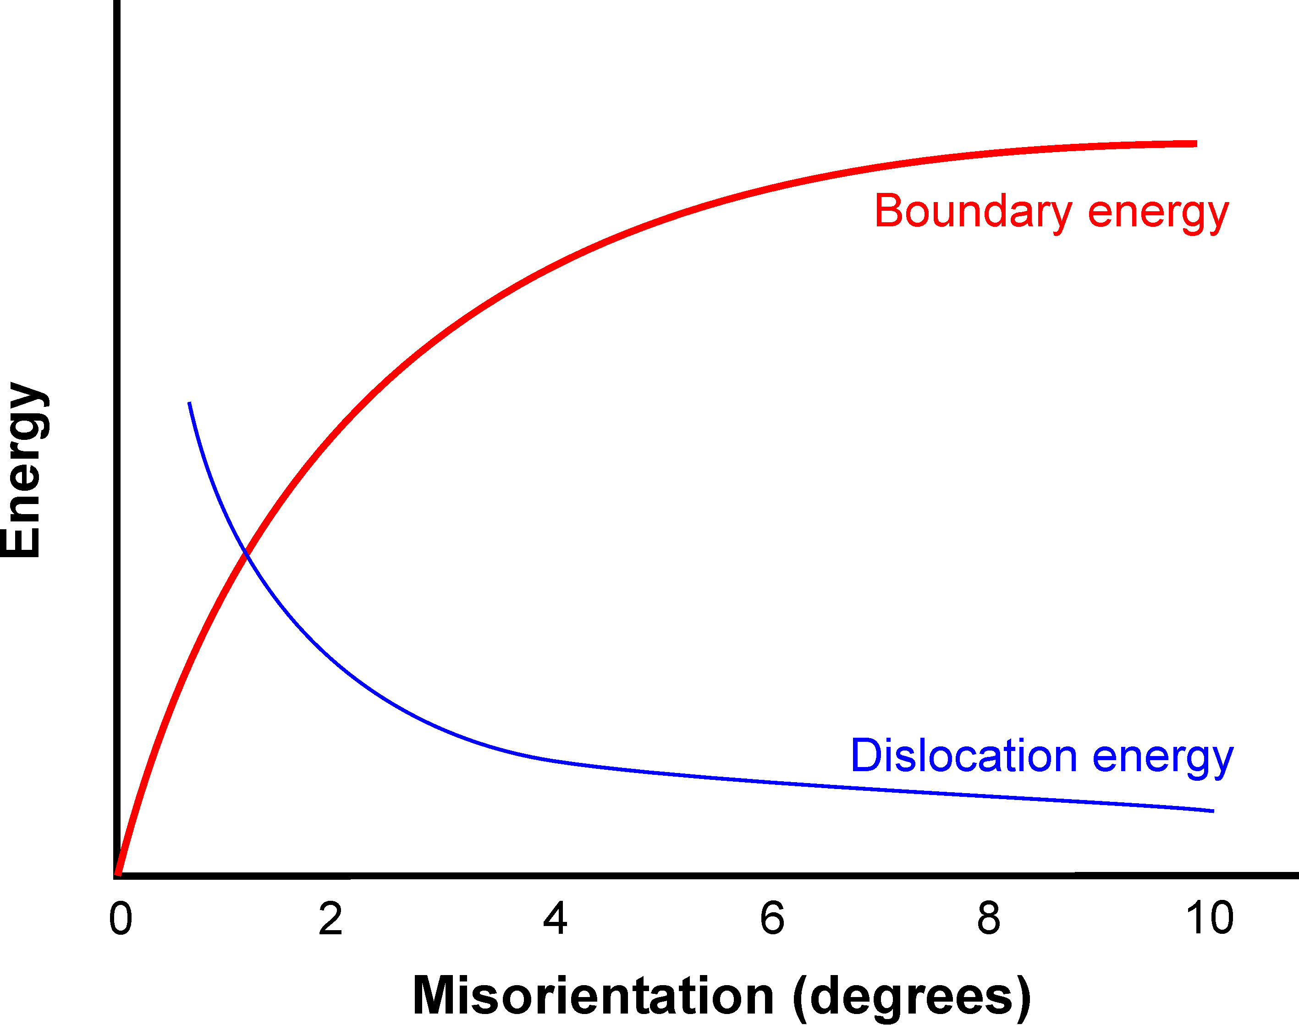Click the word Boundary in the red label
pyautogui.click(x=973, y=212)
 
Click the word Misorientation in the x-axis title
pyautogui.click(x=593, y=996)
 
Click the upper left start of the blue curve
pyautogui.click(x=190, y=403)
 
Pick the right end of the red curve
pyautogui.click(x=1196, y=144)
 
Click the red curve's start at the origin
pyautogui.click(x=118, y=873)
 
